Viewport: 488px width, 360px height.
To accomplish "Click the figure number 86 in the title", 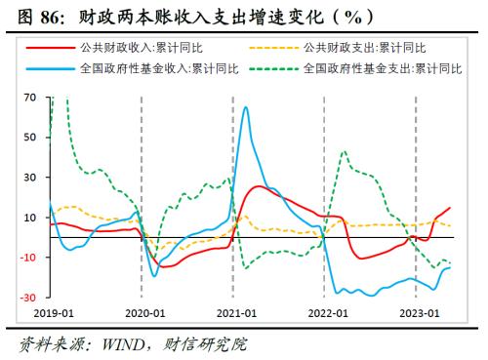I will [50, 16].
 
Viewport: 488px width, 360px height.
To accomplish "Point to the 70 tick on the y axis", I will [28, 98].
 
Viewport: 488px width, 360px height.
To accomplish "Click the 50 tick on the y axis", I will [28, 138].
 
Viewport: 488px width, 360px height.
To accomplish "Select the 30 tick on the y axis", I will [28, 178].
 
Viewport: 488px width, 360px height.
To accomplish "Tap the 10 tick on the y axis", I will [28, 218].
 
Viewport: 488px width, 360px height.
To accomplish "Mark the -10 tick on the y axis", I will [26, 258].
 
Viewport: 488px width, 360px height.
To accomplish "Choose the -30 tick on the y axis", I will [26, 298].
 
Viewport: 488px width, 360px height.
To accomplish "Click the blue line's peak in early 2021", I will [244, 107].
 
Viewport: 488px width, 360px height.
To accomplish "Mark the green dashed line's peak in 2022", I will [345, 152].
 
